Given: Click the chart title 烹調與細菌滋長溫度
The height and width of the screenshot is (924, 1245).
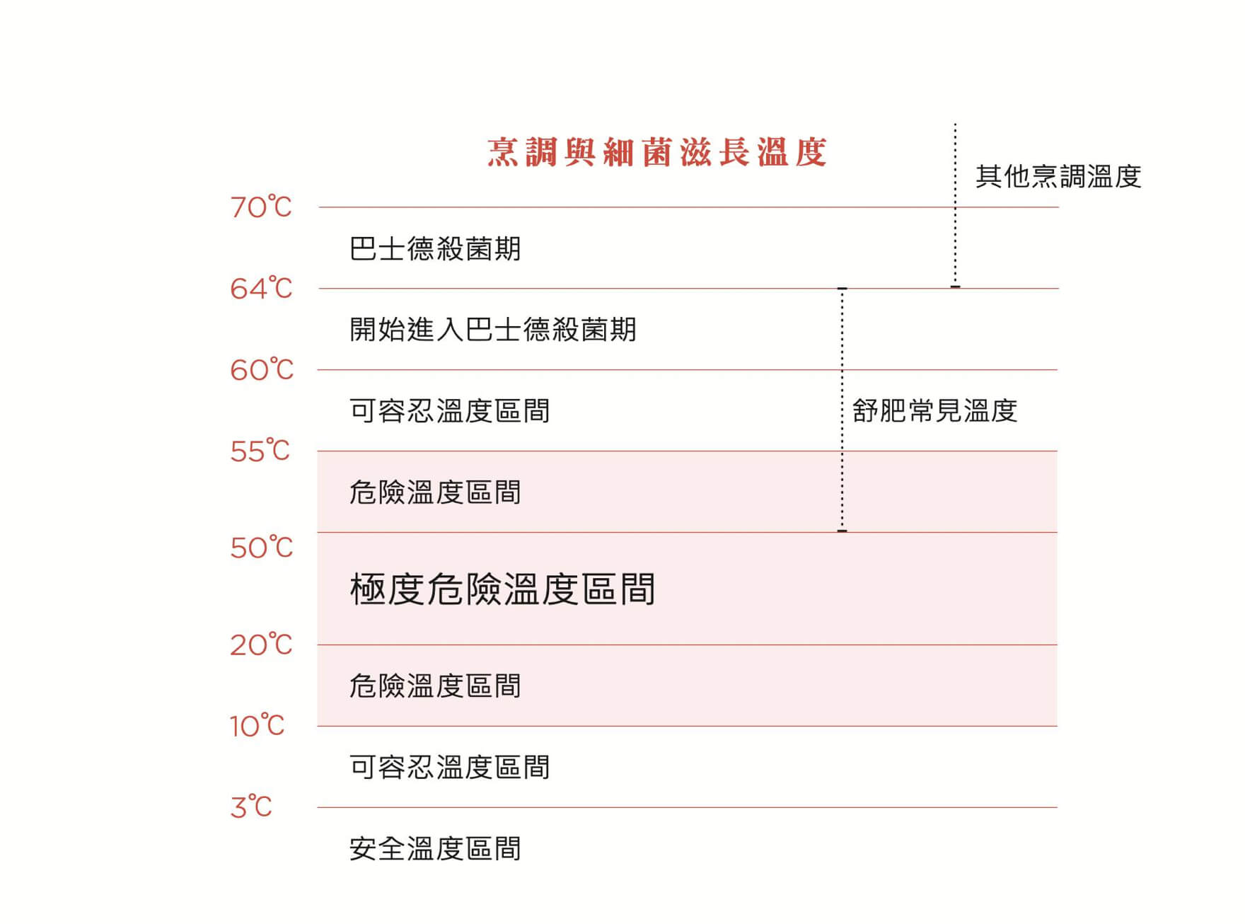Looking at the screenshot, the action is tap(657, 152).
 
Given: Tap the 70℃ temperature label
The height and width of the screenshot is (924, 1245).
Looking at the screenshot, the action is tap(261, 207).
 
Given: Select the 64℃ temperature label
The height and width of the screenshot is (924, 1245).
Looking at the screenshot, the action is tap(261, 289).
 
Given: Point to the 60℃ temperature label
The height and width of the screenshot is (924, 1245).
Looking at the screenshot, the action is tap(262, 370).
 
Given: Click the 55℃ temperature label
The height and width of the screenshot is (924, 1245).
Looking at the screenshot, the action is tap(260, 451).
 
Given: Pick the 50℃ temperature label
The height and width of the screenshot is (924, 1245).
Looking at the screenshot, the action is tap(262, 548).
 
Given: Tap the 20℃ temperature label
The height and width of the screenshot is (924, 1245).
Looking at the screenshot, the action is tap(261, 645).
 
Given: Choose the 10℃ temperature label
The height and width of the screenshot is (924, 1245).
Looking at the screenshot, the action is tap(257, 726).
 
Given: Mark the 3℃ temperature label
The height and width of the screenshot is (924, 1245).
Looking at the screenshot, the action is tap(251, 807).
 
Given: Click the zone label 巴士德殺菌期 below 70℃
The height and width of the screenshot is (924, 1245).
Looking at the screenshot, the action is tap(435, 249).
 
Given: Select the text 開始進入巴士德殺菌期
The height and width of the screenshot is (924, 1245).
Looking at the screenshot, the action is tap(493, 330).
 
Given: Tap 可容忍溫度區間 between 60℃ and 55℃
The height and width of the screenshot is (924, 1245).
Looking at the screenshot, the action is tap(450, 411).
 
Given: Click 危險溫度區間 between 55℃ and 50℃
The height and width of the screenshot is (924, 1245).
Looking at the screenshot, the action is tap(435, 492).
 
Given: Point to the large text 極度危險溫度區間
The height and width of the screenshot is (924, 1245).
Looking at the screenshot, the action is tap(502, 589).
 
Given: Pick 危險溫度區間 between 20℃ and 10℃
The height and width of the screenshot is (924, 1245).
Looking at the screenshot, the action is tap(435, 686).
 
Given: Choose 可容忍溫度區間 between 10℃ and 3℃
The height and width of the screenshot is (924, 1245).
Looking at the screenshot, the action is tap(450, 768).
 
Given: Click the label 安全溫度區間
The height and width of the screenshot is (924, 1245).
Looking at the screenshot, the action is tap(435, 848).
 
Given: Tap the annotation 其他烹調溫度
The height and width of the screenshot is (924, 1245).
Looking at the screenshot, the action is tap(1058, 177).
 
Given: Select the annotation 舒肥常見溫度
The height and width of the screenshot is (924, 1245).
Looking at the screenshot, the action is tap(934, 411).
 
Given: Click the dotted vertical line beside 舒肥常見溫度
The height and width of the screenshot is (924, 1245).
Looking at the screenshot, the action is tap(842, 410).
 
